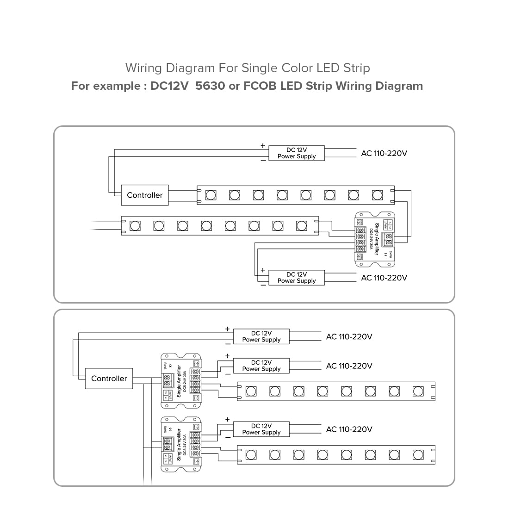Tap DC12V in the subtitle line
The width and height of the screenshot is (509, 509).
tap(169, 86)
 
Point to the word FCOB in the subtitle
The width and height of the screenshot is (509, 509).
tap(260, 86)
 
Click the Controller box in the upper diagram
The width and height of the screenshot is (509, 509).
tap(145, 195)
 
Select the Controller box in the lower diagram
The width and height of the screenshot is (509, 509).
tap(109, 379)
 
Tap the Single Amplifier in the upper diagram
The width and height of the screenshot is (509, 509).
tap(375, 239)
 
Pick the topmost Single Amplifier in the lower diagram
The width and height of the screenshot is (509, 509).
tap(181, 381)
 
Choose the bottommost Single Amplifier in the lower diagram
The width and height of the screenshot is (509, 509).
tap(181, 444)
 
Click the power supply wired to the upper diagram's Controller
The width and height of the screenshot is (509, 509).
tap(297, 153)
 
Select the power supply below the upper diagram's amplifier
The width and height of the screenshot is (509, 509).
tap(297, 278)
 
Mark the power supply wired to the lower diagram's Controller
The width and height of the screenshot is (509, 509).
tap(261, 336)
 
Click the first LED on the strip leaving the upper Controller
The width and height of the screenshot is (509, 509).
tap(211, 195)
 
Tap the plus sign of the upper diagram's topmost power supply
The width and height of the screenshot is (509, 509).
tap(263, 146)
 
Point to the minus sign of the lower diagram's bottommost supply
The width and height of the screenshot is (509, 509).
tap(228, 437)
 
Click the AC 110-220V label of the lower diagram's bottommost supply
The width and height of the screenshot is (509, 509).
tap(349, 429)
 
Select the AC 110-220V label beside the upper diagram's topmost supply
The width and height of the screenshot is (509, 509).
tap(384, 153)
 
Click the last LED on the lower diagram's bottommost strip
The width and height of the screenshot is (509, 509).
tap(418, 454)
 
